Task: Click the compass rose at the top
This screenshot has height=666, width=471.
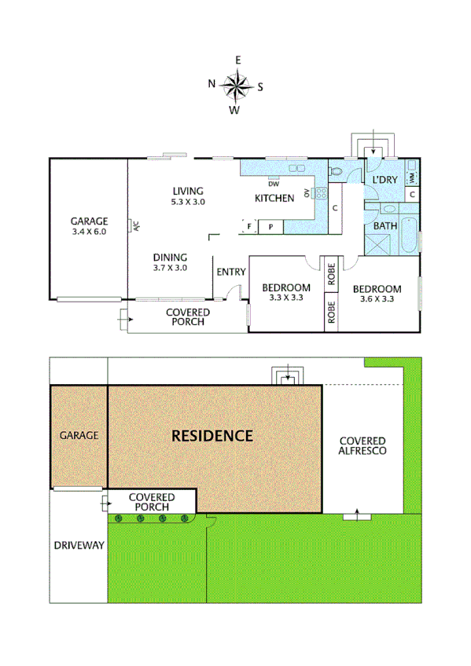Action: (x=236, y=84)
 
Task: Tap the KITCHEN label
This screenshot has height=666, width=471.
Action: (x=274, y=199)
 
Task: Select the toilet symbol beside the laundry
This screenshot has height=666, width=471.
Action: (x=337, y=170)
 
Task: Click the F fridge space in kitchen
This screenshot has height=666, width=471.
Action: (x=250, y=227)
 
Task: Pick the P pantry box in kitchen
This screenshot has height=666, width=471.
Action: (x=271, y=227)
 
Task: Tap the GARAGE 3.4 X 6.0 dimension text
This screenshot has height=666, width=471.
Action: (x=88, y=232)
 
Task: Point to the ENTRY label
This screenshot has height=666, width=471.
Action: (x=230, y=273)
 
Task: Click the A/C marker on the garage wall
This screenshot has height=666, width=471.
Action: (x=135, y=227)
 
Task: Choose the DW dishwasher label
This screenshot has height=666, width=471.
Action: (x=273, y=185)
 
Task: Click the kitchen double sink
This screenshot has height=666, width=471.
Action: (x=296, y=169)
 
